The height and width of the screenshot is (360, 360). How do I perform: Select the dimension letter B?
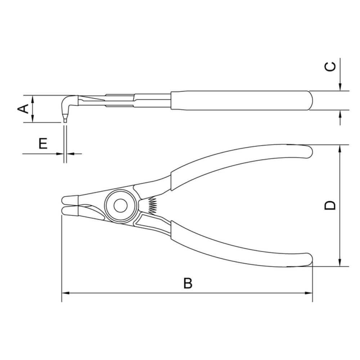(x=188, y=283)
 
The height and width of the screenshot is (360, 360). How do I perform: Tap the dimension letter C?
(x=330, y=66)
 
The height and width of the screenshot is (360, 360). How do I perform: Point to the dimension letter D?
(x=330, y=205)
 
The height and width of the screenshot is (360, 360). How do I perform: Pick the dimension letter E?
(x=43, y=144)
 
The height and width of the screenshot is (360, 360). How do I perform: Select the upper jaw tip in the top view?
(x=67, y=199)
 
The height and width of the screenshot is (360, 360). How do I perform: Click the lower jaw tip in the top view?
(x=67, y=210)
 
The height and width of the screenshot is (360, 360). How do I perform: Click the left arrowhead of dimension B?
(x=65, y=293)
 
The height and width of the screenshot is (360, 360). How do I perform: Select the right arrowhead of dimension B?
(x=309, y=293)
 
